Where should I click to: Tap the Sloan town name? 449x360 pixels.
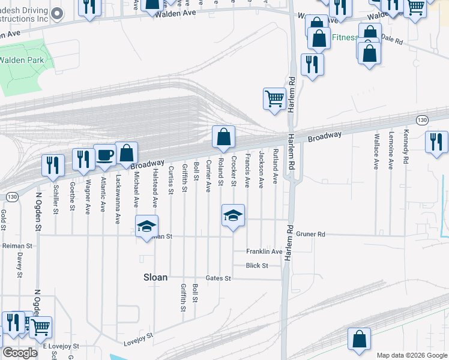coord(154,277)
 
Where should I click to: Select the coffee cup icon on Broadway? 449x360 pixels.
coord(104,155)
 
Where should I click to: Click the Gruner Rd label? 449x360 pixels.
coord(310,234)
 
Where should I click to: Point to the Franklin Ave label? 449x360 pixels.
coord(264,251)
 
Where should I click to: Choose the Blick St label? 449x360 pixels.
coord(256,265)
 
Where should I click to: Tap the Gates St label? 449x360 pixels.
coord(218,278)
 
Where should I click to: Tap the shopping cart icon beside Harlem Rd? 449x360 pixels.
coord(274,98)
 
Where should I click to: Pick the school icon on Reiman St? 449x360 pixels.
coord(146,226)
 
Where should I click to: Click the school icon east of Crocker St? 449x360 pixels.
coord(233,215)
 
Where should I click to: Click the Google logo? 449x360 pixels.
coord(19,353)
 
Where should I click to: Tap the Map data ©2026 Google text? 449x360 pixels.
coord(412,355)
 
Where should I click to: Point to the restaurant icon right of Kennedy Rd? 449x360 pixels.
coord(436,142)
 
